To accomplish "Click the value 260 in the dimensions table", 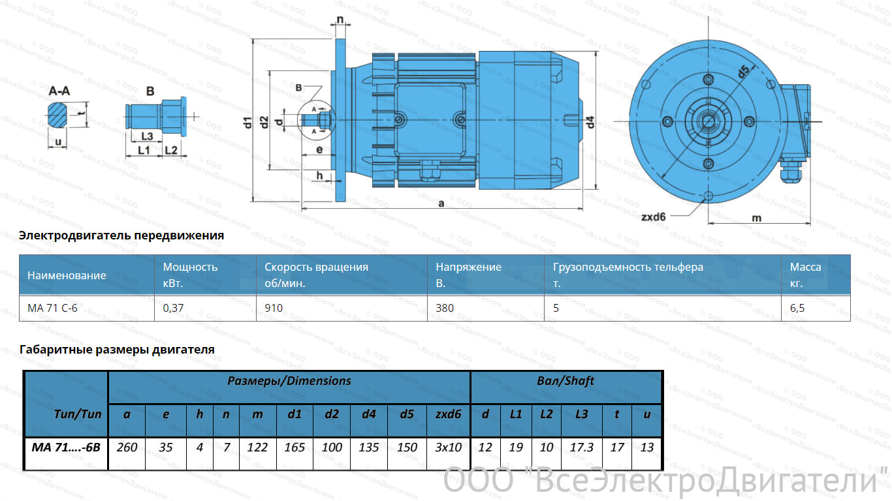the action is [x=127, y=448].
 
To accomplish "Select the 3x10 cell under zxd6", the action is [x=448, y=448].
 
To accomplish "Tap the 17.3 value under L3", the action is [x=581, y=448].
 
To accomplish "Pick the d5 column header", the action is [x=407, y=414].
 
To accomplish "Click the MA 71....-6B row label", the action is [x=66, y=448].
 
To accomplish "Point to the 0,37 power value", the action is [x=173, y=308].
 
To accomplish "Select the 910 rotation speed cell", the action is [x=274, y=308].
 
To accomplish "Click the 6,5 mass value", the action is [x=797, y=308].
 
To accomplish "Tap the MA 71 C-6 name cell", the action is [x=52, y=308].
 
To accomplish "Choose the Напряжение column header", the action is [x=468, y=267].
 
